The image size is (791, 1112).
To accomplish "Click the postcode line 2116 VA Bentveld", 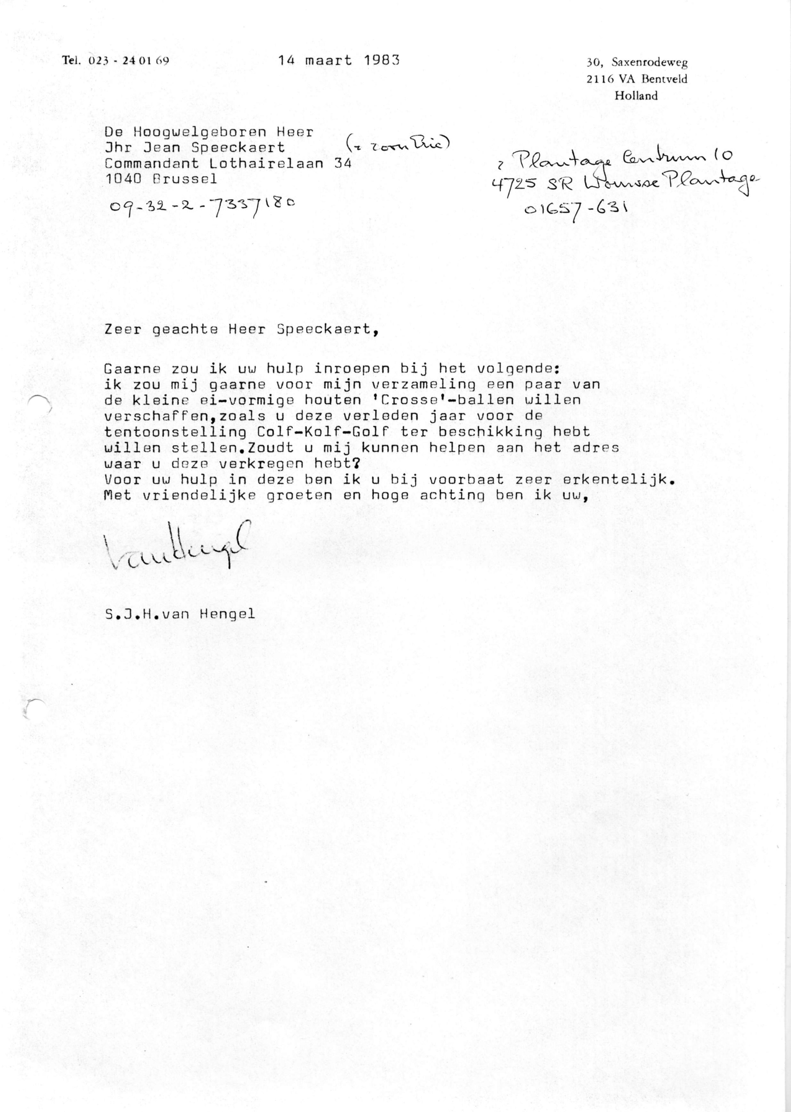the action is (637, 79).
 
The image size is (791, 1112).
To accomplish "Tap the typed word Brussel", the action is (185, 179).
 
